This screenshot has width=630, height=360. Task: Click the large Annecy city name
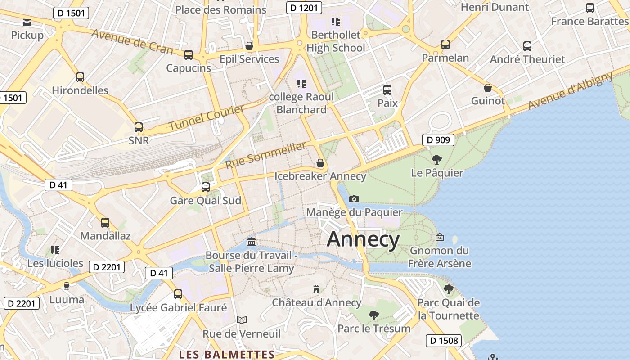(363, 239)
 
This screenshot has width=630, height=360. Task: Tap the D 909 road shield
(438, 140)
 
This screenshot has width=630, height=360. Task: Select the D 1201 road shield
(304, 8)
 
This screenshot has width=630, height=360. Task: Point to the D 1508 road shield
(444, 341)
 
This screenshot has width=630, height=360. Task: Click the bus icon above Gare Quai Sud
(206, 187)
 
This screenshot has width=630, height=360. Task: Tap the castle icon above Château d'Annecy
(316, 289)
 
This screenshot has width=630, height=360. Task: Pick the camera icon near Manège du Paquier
(354, 199)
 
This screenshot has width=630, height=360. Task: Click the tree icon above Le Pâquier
(436, 159)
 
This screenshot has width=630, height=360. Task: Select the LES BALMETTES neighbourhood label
(227, 355)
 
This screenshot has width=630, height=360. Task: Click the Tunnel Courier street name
(207, 117)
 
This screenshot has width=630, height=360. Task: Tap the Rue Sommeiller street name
(265, 155)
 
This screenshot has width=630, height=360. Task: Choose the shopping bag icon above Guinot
(488, 87)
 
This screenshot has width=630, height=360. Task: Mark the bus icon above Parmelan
(445, 44)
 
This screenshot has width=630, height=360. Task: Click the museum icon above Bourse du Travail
(252, 242)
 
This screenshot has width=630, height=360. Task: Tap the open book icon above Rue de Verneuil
(242, 320)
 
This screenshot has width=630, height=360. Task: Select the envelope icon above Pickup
(27, 22)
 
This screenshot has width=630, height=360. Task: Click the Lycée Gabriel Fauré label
(178, 308)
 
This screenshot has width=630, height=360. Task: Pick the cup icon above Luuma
(67, 286)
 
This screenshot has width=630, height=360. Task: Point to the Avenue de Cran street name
(133, 41)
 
